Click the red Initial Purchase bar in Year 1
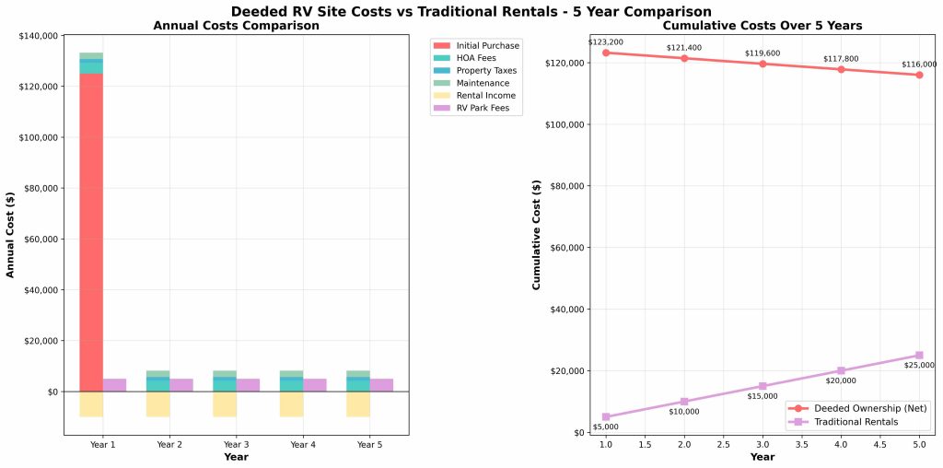tap(90, 230)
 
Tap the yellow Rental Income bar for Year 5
tap(358, 404)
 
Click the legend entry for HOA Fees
tap(476, 58)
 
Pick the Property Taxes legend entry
tap(486, 71)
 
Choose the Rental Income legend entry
tap(485, 96)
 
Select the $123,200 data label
tap(605, 42)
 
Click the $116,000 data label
tap(919, 64)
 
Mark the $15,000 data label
tap(763, 397)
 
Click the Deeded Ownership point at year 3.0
tap(763, 64)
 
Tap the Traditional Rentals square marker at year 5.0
tap(919, 356)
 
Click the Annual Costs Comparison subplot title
tap(237, 26)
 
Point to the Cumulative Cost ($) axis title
tap(538, 234)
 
